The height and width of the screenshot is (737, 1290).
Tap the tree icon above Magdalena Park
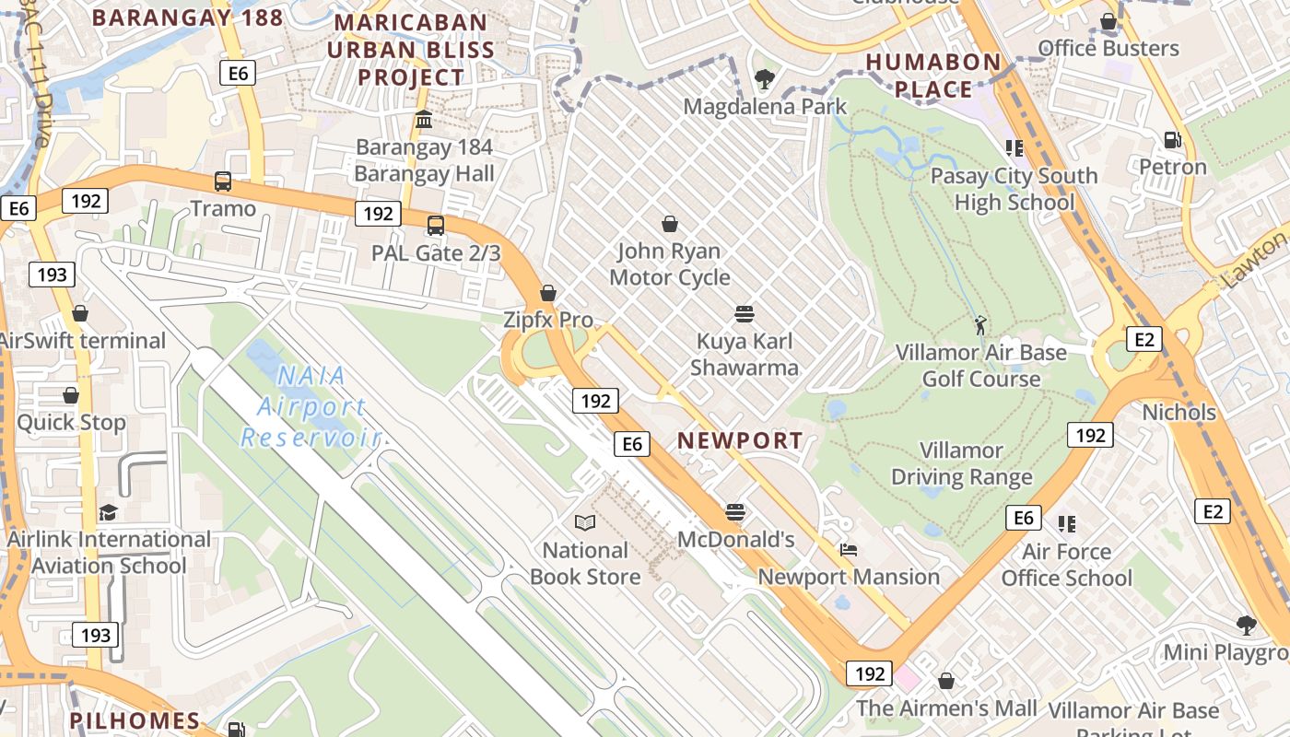[x=763, y=78]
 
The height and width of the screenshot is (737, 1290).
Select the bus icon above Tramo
[x=222, y=181]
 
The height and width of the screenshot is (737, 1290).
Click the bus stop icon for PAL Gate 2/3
[x=436, y=225]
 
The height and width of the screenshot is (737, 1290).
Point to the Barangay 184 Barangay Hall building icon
[x=424, y=119]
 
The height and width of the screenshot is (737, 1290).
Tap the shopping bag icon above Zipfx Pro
[x=548, y=293]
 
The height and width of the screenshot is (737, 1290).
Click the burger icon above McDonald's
[x=735, y=511]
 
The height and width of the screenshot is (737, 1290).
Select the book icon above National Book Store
[x=584, y=522]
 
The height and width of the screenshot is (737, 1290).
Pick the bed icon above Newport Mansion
[x=849, y=550]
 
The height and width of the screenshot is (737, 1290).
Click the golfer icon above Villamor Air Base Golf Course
[x=980, y=324]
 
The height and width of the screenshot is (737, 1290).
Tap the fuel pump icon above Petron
[x=1172, y=139]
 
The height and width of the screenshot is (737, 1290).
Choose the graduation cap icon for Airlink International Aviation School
[x=109, y=511]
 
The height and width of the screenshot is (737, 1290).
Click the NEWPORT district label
[x=740, y=441]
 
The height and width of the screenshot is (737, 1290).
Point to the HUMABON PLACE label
[x=932, y=76]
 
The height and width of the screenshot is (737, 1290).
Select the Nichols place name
[x=1179, y=412]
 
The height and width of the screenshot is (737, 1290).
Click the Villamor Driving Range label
[x=961, y=463]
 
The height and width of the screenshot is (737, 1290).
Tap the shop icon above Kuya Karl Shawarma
[x=745, y=314]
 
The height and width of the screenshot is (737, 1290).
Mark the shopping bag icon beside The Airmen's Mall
[x=945, y=681]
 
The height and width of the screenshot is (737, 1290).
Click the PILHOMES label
[x=135, y=720]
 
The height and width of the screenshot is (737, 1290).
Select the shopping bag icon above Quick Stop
[x=71, y=395]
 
